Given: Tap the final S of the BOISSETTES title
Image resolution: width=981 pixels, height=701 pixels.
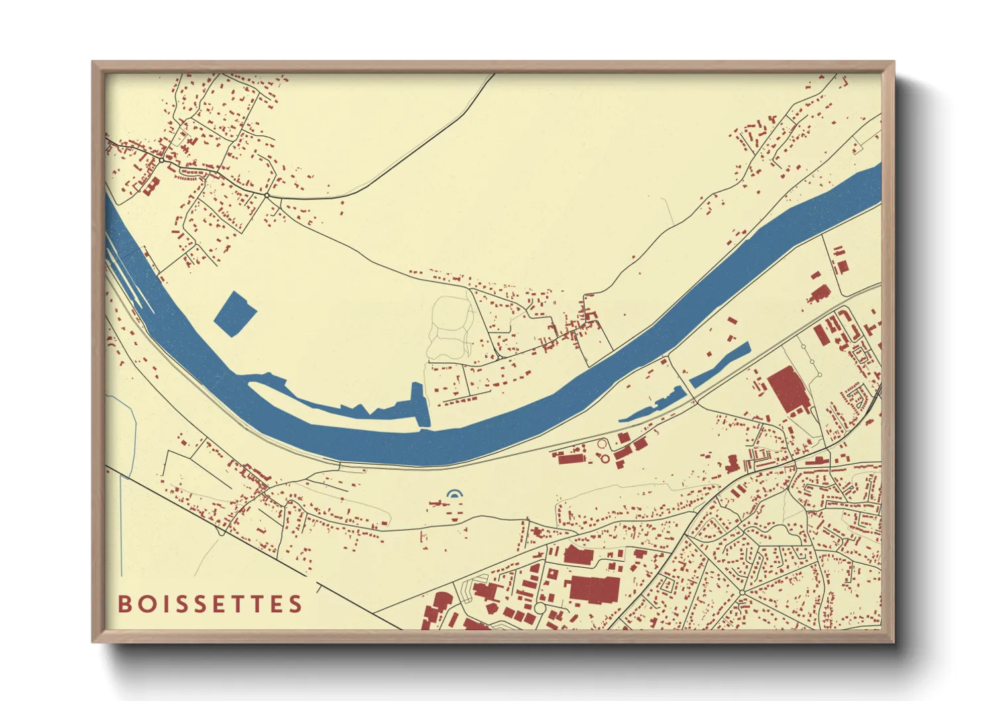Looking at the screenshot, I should point(295,604).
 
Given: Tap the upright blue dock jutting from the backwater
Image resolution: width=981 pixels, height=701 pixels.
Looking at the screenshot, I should point(420,404).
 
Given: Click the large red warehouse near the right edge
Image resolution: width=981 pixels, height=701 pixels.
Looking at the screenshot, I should point(787,390).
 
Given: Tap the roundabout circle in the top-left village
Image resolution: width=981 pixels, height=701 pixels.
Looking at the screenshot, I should point(161,160).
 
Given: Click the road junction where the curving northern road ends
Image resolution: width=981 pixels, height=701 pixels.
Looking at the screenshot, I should point(266,195).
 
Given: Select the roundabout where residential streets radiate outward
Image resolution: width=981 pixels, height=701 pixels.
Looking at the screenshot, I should point(744,591).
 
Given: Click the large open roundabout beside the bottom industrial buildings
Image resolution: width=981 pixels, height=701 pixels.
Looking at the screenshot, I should point(540,608).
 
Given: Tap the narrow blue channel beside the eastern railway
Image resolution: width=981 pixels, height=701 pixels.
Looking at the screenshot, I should point(719,366).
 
